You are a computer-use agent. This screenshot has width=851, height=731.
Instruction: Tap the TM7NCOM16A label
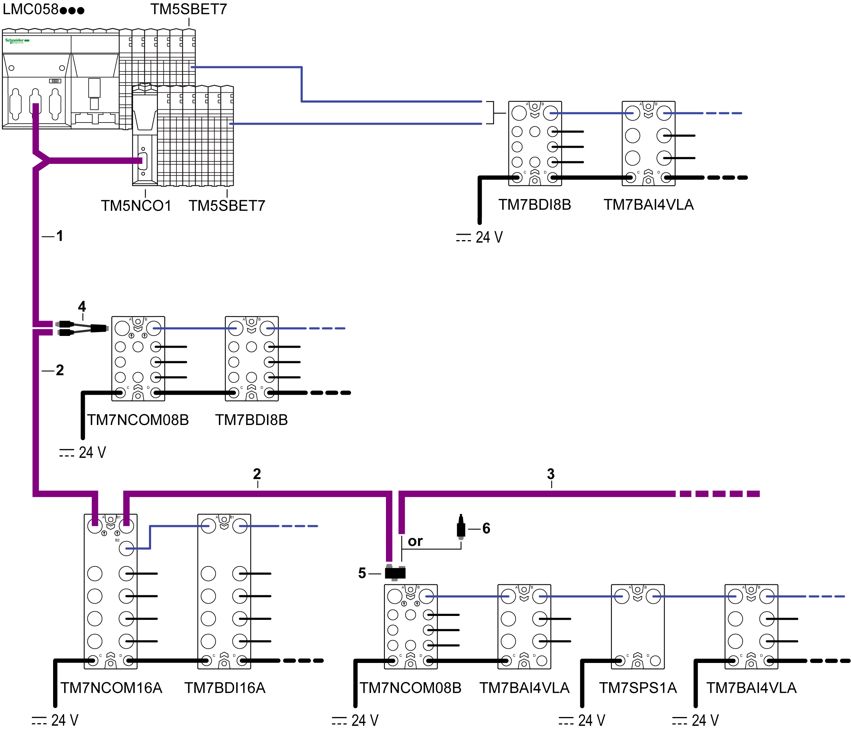pos(111,688)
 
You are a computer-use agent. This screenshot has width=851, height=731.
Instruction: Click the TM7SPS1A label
pos(638,688)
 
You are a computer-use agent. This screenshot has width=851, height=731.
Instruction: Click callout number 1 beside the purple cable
pos(60,236)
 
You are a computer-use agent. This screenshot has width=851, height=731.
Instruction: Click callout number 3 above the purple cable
pos(551,474)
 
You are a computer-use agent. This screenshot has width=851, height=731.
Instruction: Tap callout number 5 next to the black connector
pos(362,573)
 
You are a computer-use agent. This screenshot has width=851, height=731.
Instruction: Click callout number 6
pos(486,528)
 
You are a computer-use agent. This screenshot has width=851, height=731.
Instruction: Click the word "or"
pos(415,541)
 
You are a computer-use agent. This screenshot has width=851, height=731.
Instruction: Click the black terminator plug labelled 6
pos(461,527)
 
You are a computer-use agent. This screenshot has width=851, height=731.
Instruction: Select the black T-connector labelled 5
pos(395,572)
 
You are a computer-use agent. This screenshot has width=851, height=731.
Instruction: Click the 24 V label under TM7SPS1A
pos(582,720)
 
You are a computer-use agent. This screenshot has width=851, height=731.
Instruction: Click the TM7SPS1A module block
pos(638,626)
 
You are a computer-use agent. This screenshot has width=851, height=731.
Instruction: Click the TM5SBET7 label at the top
pos(189,9)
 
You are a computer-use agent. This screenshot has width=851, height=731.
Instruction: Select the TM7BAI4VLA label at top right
pos(649,204)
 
